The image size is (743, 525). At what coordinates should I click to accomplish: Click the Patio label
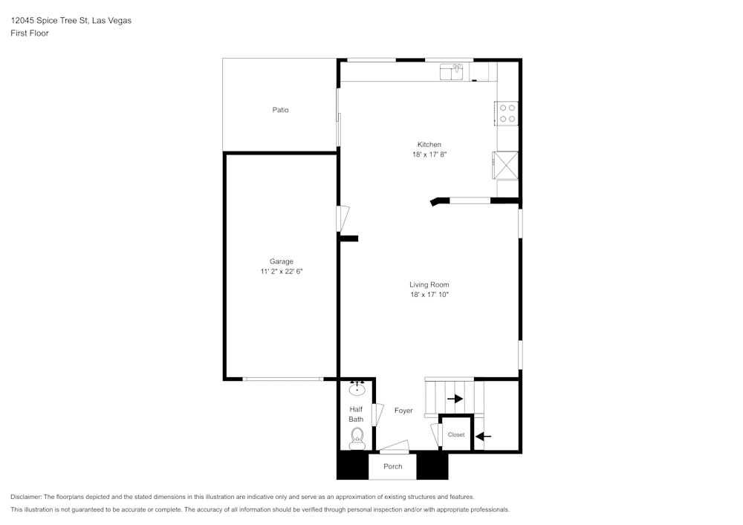[x=280, y=110]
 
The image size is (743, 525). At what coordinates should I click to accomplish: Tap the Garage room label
[x=281, y=261]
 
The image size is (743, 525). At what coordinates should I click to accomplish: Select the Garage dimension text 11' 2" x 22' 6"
[x=281, y=272]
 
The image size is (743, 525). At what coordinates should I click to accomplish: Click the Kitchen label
[x=429, y=144]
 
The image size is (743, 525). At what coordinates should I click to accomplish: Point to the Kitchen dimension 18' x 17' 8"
[x=429, y=154]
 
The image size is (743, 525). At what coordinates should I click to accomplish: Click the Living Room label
[x=429, y=284]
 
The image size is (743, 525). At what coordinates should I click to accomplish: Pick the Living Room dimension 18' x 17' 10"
[x=429, y=295]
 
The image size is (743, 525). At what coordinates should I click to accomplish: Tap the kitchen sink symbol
[x=451, y=71]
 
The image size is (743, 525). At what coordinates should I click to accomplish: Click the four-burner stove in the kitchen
[x=507, y=113]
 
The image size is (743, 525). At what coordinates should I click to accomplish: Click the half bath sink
[x=357, y=388]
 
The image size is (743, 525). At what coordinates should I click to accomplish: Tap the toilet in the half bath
[x=357, y=436]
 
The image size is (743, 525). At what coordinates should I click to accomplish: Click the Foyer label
[x=403, y=411]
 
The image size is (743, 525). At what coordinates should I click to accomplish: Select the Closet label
[x=455, y=435]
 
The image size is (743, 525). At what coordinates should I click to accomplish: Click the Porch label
[x=392, y=466]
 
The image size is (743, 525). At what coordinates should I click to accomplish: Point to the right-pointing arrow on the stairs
[x=454, y=399]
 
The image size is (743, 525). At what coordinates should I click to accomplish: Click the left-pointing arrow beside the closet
[x=483, y=436]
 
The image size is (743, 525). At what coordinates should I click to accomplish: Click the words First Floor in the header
[x=30, y=33]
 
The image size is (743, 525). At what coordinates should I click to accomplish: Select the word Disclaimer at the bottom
[x=26, y=497]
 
